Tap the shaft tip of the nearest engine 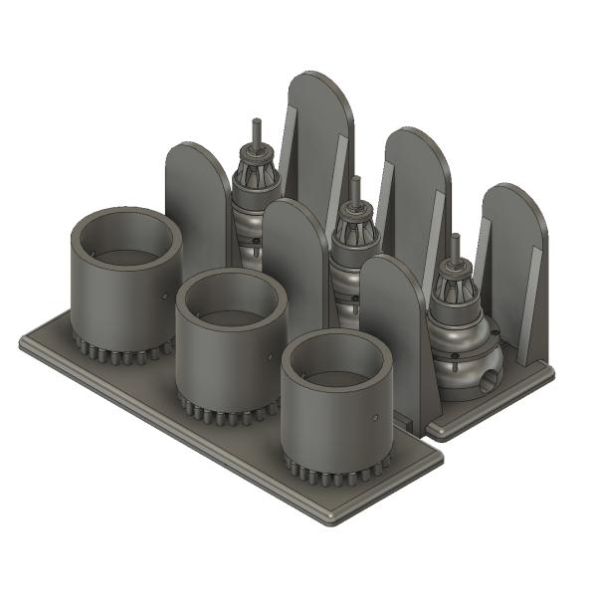point(455,240)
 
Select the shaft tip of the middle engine point(355,181)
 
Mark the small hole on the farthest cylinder point(165,296)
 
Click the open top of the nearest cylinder point(334,361)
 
